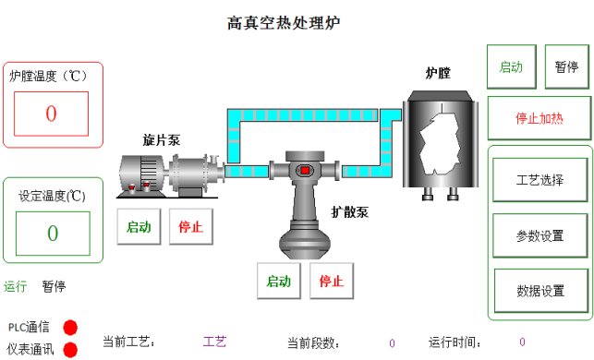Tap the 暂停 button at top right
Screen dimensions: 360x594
(x=566, y=67)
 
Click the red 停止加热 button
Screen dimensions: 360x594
(x=539, y=118)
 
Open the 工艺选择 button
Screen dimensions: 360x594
(x=539, y=180)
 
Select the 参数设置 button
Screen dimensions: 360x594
(x=539, y=235)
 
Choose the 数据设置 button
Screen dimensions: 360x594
(x=539, y=291)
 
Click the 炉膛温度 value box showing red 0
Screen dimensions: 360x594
(x=51, y=114)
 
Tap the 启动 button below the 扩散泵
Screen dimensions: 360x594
(x=279, y=281)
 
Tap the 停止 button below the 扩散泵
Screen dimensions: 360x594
(x=331, y=281)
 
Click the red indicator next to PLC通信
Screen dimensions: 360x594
(x=70, y=327)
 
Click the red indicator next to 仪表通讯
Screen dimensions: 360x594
(x=70, y=350)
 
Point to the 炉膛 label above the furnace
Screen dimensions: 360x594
(x=438, y=72)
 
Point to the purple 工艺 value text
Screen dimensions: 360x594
(x=214, y=342)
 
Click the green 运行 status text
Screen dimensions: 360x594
(x=16, y=286)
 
